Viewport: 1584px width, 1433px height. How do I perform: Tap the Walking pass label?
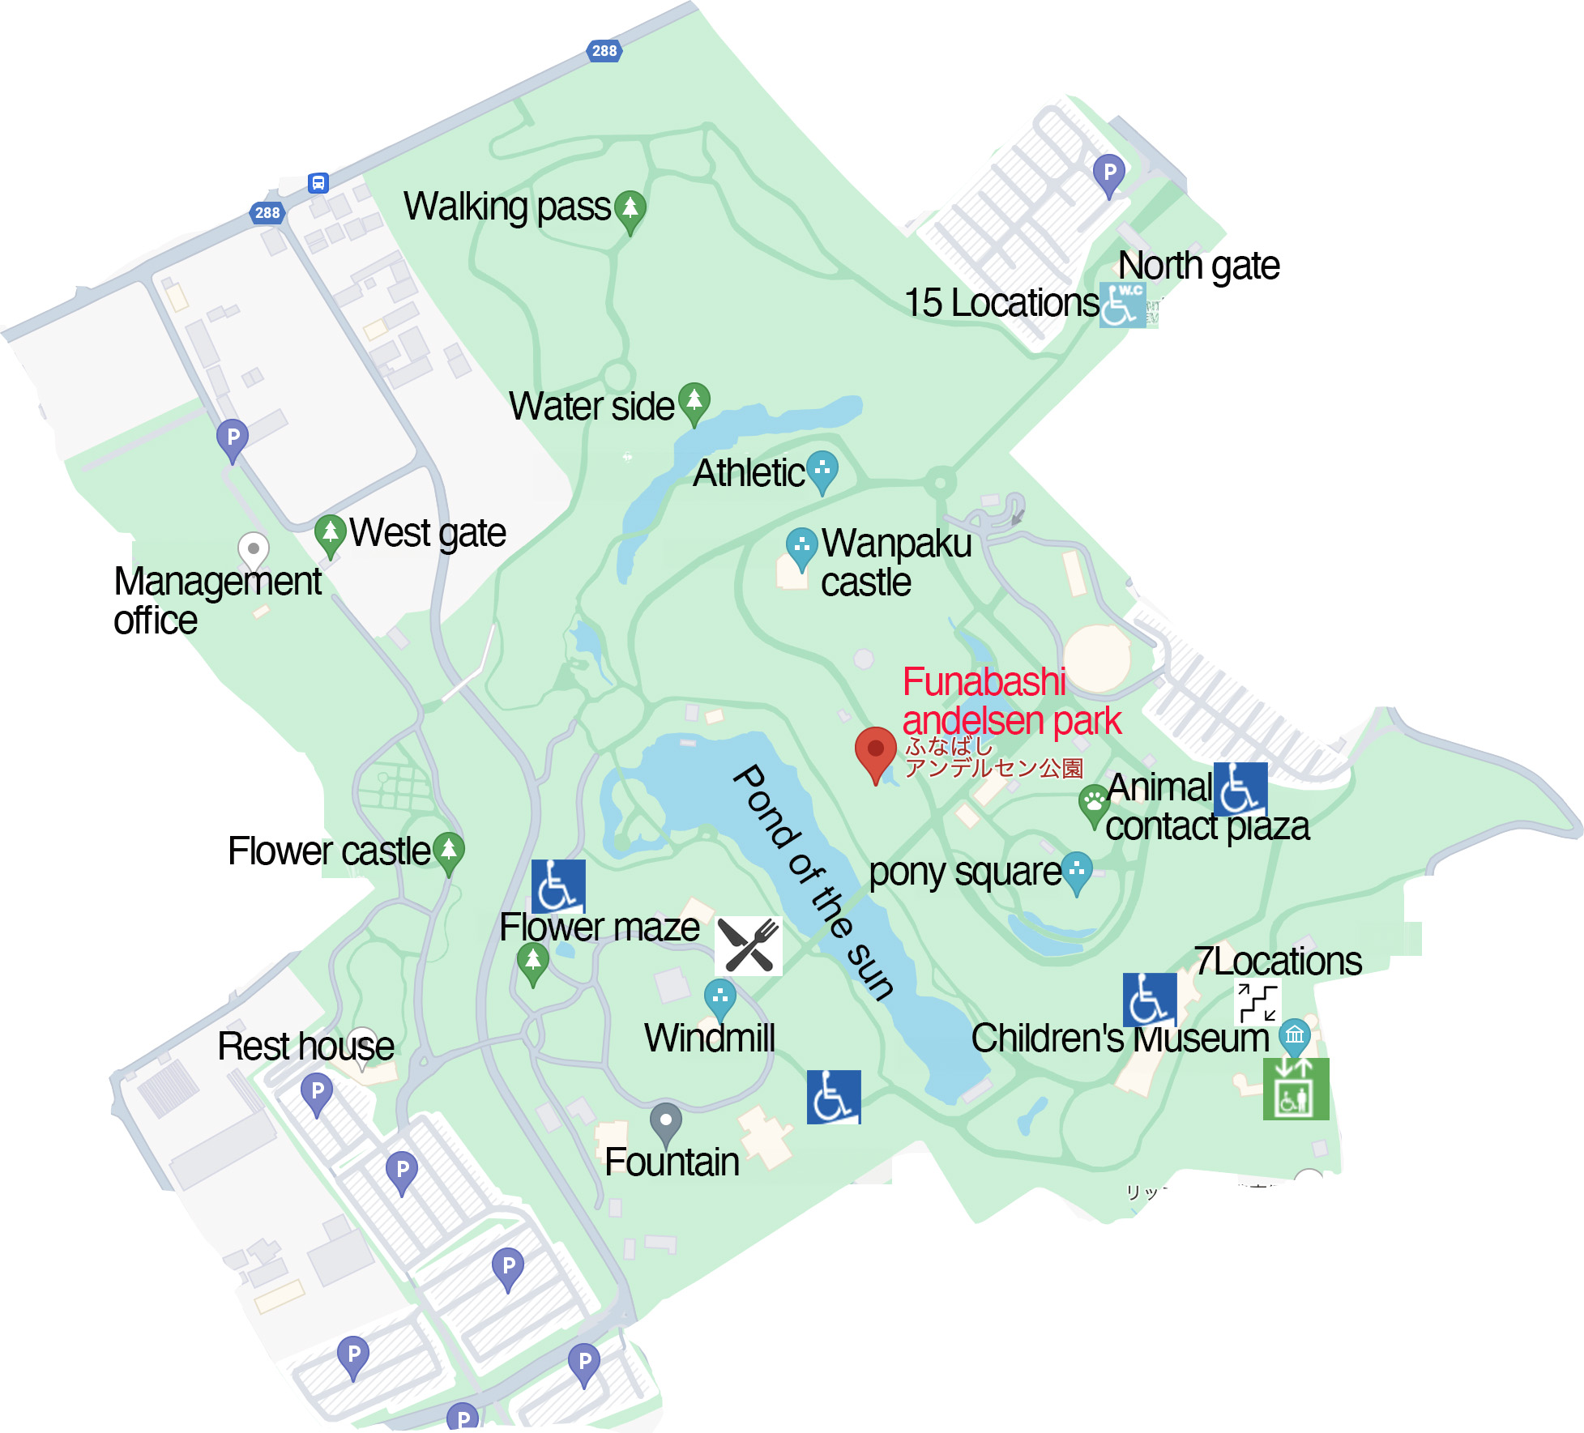click(506, 207)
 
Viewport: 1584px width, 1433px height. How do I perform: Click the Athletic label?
click(749, 473)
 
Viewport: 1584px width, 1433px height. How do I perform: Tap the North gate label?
click(1198, 266)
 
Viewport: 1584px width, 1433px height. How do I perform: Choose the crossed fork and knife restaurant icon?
click(749, 945)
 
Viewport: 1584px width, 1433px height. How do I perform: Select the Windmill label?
click(710, 1038)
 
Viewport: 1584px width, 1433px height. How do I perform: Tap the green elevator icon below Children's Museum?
click(1295, 1090)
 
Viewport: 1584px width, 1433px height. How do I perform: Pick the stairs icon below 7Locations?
click(1257, 1003)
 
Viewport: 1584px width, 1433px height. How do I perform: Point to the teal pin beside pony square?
click(1076, 872)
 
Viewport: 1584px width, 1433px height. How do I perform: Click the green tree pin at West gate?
click(330, 535)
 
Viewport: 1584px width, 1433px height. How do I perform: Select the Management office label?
click(217, 600)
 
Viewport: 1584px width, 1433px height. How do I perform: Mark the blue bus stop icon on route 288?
click(318, 183)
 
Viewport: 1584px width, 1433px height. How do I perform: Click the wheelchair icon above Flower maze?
click(558, 886)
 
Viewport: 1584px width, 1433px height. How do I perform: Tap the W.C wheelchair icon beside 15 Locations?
click(1123, 305)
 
